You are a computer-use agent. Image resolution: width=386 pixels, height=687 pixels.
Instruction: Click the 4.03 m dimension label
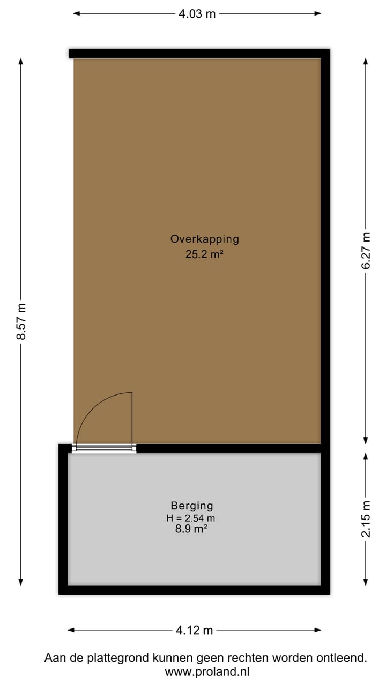(x=197, y=14)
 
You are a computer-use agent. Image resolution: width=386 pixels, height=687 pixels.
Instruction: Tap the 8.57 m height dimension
(x=21, y=321)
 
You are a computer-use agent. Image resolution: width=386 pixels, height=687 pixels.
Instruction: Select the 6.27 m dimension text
(x=366, y=251)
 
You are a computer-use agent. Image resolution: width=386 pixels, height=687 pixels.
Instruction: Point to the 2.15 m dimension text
(x=366, y=518)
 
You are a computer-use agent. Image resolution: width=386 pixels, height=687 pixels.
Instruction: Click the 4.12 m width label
(x=195, y=630)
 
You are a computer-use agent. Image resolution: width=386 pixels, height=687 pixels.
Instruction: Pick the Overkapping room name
(x=205, y=239)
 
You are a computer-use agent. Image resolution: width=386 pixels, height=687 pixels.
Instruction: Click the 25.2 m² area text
(x=204, y=255)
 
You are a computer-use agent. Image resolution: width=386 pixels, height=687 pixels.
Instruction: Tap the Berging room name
(x=192, y=506)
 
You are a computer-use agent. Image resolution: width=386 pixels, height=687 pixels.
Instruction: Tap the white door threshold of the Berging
(x=104, y=449)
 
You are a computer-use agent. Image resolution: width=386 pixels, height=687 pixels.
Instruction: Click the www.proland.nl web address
(x=207, y=671)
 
